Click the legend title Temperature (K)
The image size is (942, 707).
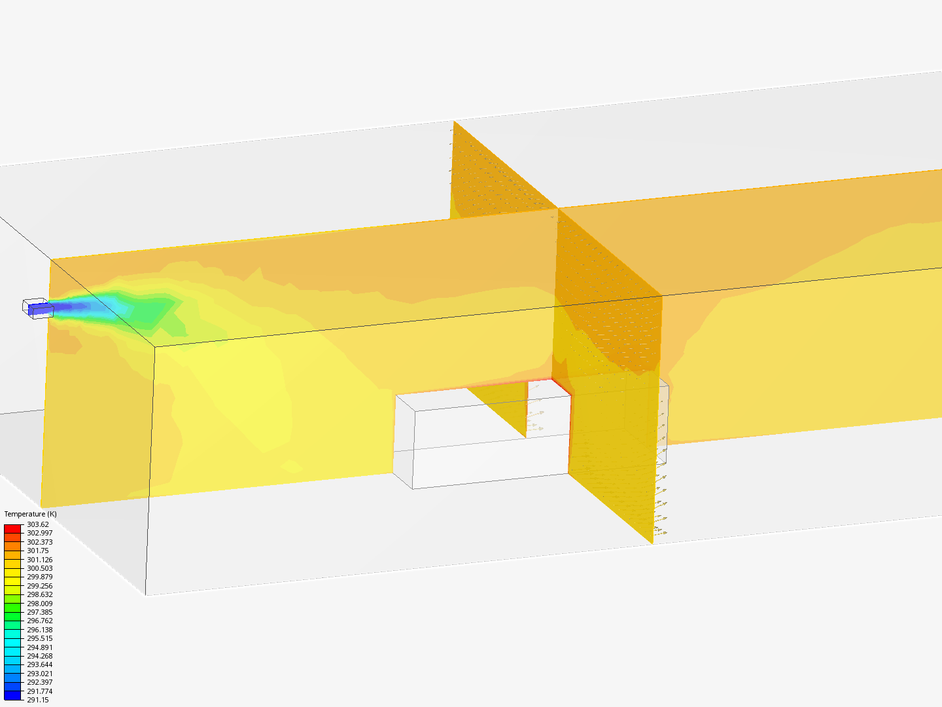(30, 514)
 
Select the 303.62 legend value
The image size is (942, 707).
(38, 524)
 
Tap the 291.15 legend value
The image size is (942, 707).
(38, 700)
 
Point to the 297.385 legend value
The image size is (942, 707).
(40, 612)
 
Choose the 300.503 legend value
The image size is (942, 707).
(40, 568)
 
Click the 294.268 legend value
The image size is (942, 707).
(40, 656)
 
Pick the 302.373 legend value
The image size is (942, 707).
(40, 542)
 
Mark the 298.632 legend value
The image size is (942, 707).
(40, 594)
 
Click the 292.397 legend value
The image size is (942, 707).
(40, 682)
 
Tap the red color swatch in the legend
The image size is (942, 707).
(12, 528)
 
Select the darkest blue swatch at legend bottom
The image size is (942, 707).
(12, 695)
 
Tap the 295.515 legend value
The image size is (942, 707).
(40, 638)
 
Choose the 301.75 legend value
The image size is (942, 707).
(38, 551)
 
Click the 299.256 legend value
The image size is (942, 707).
(40, 586)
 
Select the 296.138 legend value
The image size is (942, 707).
(40, 630)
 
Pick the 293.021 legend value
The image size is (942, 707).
(40, 674)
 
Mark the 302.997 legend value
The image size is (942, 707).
(40, 533)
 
